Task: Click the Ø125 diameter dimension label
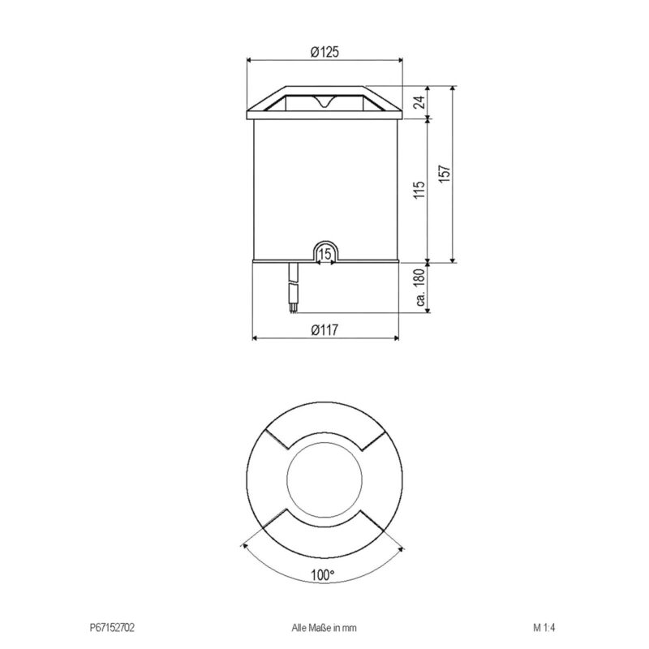[x=324, y=52]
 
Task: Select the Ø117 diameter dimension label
[x=324, y=330]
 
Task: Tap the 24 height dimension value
[x=419, y=102]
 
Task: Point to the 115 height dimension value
[x=419, y=190]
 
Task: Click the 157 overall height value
[x=444, y=174]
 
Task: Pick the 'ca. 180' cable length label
[x=419, y=287]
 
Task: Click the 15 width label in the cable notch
[x=325, y=254]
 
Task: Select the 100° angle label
[x=322, y=575]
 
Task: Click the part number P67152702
[x=112, y=628]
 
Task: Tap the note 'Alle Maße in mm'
[x=324, y=628]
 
